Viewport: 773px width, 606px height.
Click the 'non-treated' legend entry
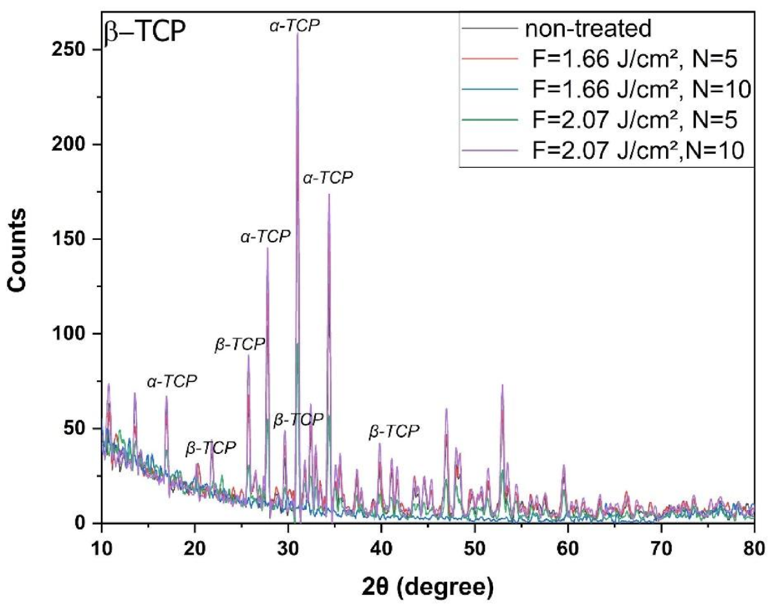587,28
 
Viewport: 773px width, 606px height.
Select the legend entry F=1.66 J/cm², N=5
634,59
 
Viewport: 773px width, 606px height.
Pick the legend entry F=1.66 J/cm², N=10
641,89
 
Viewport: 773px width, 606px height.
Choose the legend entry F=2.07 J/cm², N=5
634,119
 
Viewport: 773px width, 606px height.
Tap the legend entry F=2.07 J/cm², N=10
638,150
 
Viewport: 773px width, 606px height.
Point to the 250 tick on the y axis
68,50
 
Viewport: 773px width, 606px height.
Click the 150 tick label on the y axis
68,239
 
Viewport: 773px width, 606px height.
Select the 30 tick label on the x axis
288,547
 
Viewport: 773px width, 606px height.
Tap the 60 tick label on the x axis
568,547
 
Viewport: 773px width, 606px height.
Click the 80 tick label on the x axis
753,547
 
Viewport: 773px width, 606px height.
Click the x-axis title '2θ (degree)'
427,586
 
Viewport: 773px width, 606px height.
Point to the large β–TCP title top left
145,31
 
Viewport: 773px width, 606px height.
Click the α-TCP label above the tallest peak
294,25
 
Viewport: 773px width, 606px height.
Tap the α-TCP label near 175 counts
328,178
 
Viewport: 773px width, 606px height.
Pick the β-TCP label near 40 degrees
394,431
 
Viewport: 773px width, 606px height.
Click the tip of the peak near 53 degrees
502,385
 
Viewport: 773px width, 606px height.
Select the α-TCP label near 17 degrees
172,381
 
